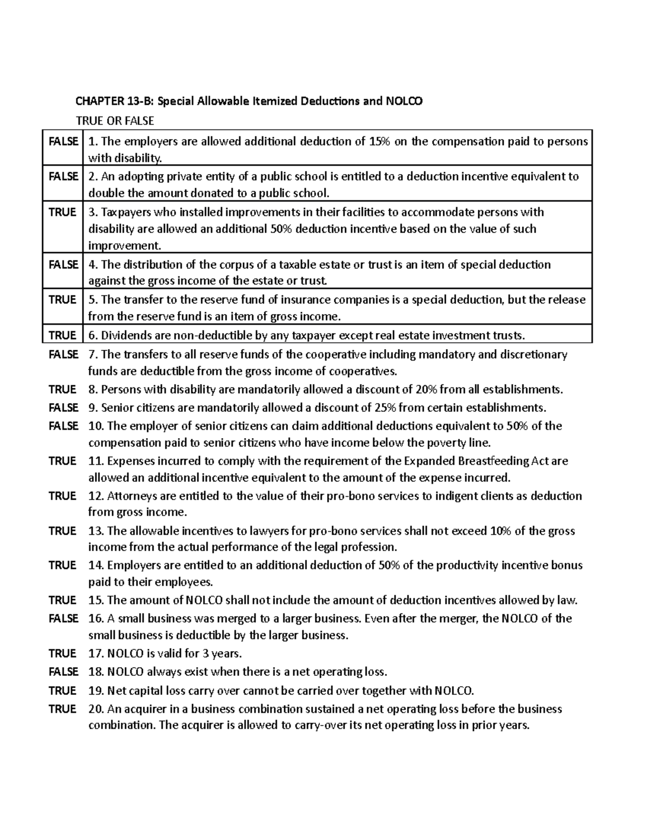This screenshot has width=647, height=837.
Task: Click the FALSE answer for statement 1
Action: tap(64, 141)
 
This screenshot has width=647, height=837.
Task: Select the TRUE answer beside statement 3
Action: tap(63, 212)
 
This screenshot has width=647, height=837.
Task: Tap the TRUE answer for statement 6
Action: tap(63, 335)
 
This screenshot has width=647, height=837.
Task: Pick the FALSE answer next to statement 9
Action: tap(64, 407)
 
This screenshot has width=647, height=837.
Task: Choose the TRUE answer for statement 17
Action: tap(63, 653)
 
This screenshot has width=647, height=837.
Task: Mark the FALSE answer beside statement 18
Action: tap(64, 672)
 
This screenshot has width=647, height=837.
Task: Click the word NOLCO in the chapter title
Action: tap(404, 101)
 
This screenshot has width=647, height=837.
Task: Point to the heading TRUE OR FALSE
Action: tap(115, 120)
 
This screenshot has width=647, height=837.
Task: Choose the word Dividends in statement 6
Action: tap(126, 335)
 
